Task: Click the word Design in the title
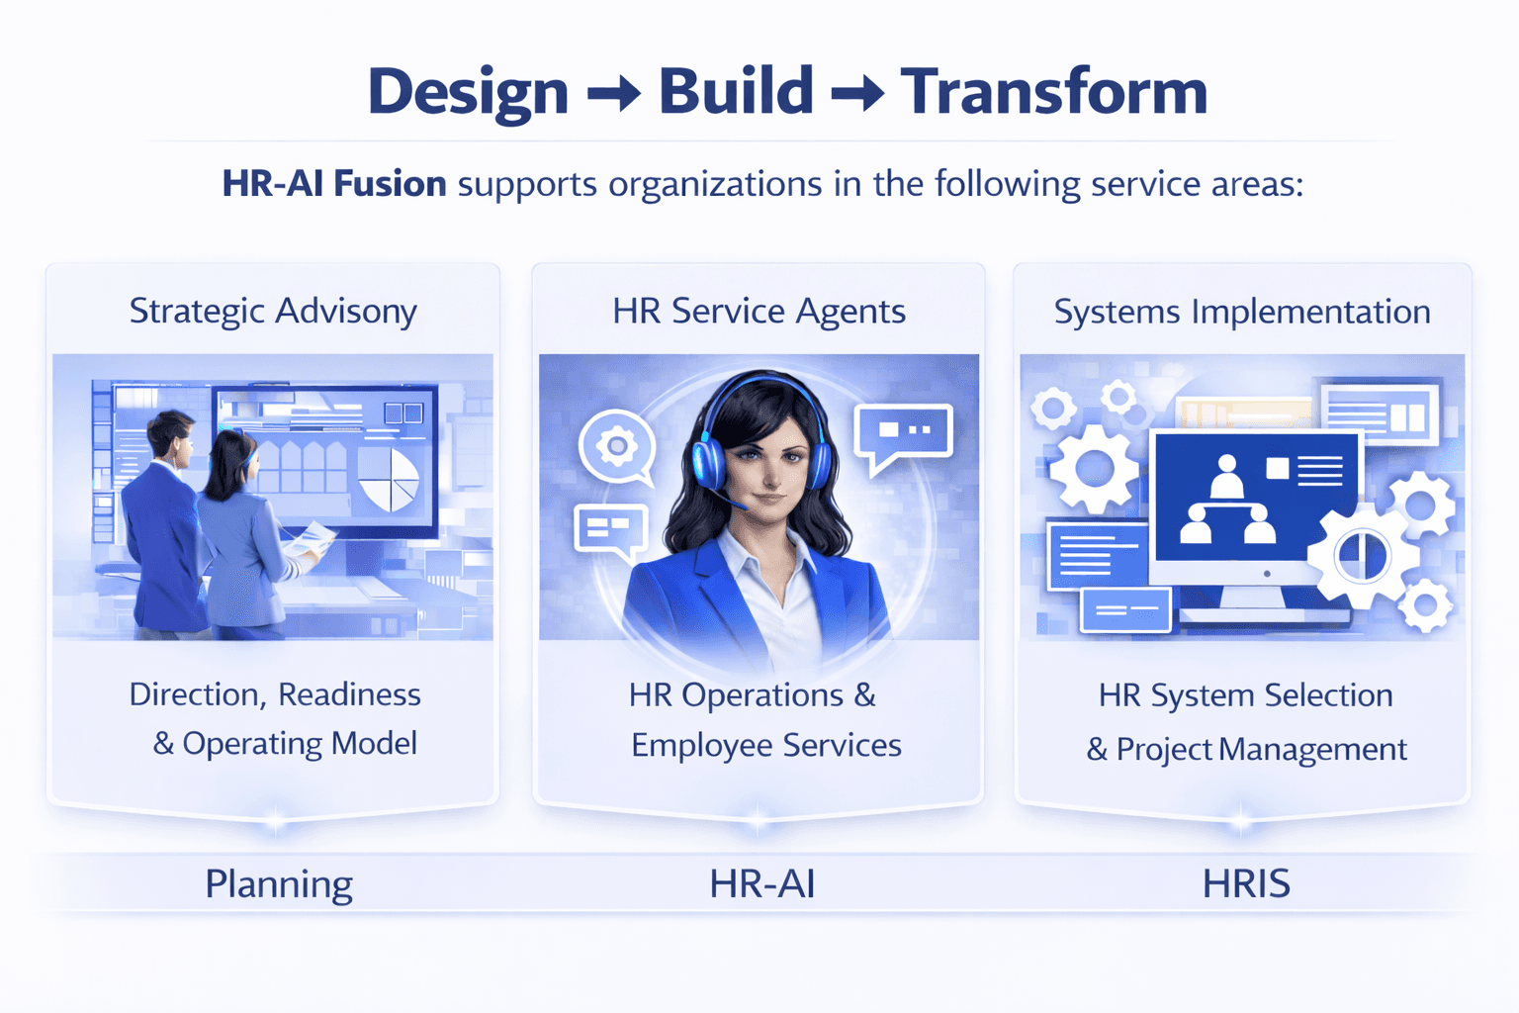tap(468, 92)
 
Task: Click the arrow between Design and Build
tap(614, 95)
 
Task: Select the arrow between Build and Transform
tap(856, 95)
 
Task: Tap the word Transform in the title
tap(1054, 92)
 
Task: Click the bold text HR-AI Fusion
tap(334, 184)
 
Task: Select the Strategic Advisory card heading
tap(273, 311)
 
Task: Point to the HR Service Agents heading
tap(759, 311)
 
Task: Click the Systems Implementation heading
tap(1242, 312)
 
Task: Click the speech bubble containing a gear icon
tap(617, 446)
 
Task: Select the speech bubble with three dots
tap(904, 432)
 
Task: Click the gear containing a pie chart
tap(1363, 556)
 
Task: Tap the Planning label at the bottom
tap(279, 883)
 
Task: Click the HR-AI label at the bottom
tap(762, 883)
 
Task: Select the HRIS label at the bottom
tap(1246, 883)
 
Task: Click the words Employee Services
tap(766, 745)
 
